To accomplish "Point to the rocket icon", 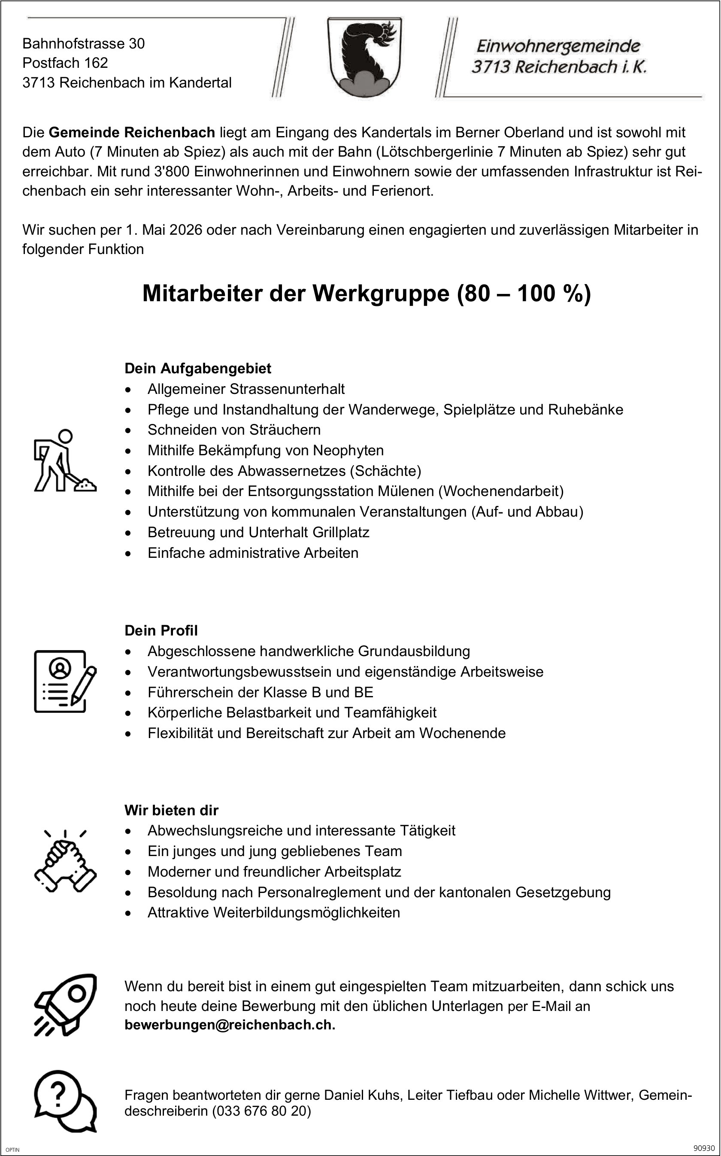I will tap(65, 1005).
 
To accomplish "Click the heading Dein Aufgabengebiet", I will tap(197, 369).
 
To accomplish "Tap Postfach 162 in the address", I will tap(65, 63).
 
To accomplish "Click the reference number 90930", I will tap(704, 1148).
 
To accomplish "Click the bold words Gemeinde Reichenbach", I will tap(132, 132).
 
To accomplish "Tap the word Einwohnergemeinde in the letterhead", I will tap(558, 46).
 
